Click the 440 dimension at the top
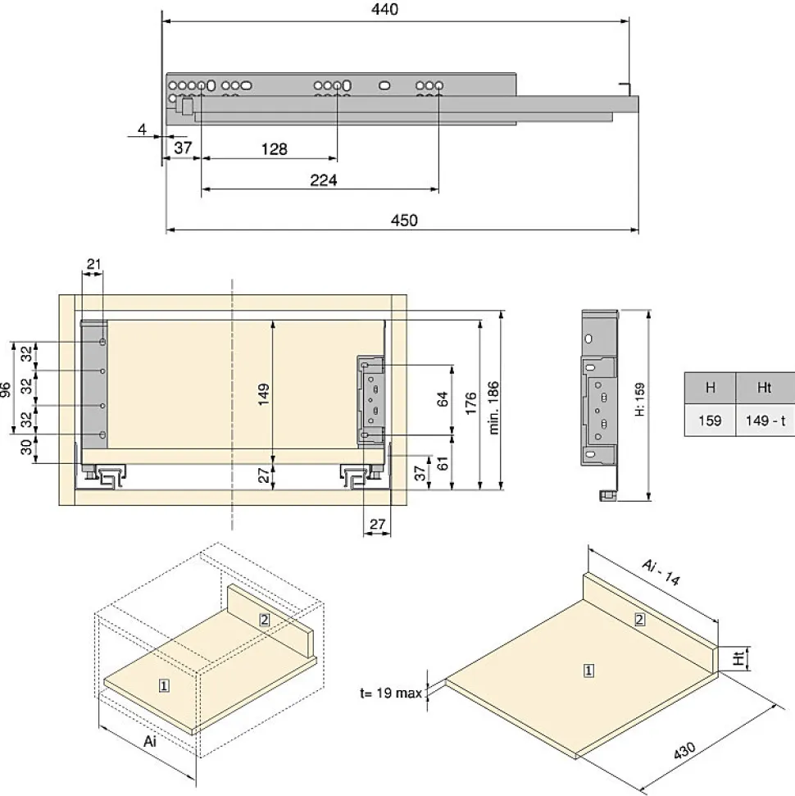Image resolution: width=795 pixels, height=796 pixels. tap(384, 9)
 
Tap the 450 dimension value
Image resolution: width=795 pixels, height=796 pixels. tap(404, 221)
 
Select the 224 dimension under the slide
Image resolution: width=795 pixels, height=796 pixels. tap(324, 180)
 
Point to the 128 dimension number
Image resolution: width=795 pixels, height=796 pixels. tap(274, 149)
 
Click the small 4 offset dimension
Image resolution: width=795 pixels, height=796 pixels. tap(142, 130)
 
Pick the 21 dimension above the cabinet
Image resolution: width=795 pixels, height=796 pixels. tap(94, 264)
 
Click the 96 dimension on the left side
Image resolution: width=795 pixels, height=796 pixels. tap(5, 389)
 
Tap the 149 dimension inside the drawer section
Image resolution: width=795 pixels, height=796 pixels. tap(263, 394)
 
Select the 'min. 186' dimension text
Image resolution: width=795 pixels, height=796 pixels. tap(493, 407)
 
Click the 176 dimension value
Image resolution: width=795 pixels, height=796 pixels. tap(470, 403)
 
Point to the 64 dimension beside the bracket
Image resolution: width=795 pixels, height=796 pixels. tap(443, 399)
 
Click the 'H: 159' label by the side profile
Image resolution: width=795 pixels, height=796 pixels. tap(639, 399)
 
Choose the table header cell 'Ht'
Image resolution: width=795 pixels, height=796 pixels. tap(765, 388)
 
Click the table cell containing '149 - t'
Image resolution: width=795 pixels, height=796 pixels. tap(765, 421)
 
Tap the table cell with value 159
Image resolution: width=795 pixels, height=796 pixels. tap(710, 421)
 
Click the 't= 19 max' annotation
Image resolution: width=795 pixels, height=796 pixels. tap(391, 693)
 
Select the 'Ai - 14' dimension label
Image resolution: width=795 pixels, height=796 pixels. tap(661, 572)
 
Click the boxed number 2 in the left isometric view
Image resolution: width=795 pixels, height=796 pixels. tap(265, 620)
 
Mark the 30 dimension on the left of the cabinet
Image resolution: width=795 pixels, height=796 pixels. tap(26, 448)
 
